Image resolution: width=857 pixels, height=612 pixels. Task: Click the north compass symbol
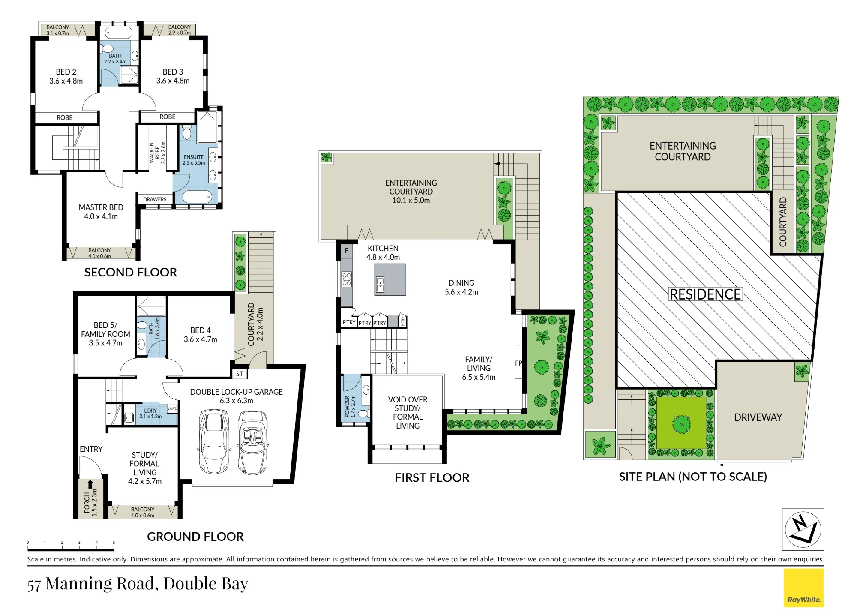803,529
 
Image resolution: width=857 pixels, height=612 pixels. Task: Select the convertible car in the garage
253,442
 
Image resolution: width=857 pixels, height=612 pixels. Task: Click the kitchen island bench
390,279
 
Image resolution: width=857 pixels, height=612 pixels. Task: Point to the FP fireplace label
518,363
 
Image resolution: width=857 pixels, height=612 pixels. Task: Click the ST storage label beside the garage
239,374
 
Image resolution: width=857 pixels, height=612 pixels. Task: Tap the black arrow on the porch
90,484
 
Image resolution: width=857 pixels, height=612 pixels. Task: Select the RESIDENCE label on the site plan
705,294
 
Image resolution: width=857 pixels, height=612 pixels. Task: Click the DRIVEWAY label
758,417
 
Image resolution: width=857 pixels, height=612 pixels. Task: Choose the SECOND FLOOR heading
130,272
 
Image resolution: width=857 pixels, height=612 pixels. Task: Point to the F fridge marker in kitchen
346,251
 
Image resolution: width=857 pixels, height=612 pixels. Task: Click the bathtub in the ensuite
197,197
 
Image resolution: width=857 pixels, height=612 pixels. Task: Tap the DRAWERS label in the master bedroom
155,199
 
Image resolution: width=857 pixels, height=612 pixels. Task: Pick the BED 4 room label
200,330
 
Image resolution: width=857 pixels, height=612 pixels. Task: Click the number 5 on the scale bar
114,543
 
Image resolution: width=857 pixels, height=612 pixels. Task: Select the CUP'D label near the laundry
172,408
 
